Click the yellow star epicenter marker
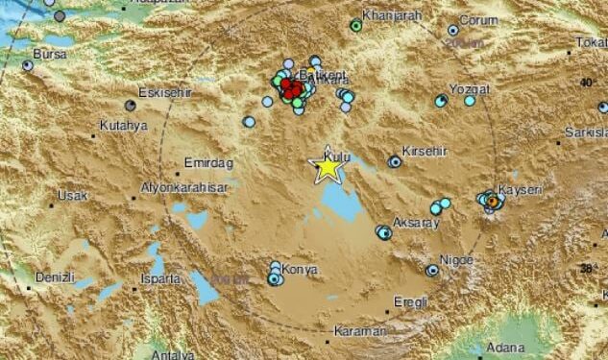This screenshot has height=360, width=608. [328, 168]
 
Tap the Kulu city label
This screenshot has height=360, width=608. [337, 155]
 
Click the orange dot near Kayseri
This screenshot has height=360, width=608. [493, 202]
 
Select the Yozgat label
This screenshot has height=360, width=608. [471, 89]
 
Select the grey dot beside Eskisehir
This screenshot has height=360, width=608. [131, 105]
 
